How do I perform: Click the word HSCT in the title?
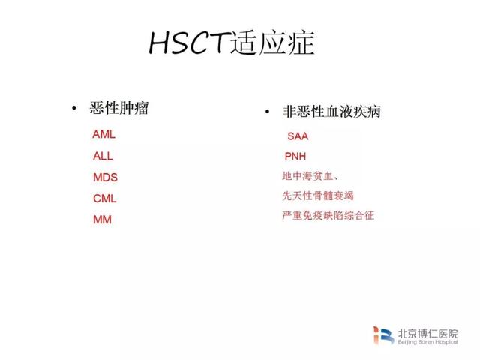(x=190, y=43)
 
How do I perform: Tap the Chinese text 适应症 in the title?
(x=272, y=43)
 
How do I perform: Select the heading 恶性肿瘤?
(x=119, y=108)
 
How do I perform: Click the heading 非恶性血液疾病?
(x=331, y=112)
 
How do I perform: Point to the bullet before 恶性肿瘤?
(x=73, y=108)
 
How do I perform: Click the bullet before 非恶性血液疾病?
(x=267, y=112)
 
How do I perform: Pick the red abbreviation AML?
(x=104, y=134)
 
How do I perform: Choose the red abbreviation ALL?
(x=103, y=156)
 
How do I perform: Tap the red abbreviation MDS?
(x=105, y=178)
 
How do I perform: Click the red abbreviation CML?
(x=105, y=199)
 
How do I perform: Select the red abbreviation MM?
(x=102, y=220)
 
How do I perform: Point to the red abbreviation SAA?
(x=298, y=136)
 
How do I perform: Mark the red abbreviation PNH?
(x=295, y=157)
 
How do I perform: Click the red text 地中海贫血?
(x=307, y=176)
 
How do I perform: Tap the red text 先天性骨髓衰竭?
(x=318, y=196)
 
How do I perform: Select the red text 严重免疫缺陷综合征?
(x=328, y=215)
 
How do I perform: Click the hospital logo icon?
(x=383, y=335)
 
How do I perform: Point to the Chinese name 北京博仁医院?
(x=428, y=333)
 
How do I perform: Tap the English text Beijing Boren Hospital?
(x=428, y=342)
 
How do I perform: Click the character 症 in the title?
(x=301, y=43)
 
